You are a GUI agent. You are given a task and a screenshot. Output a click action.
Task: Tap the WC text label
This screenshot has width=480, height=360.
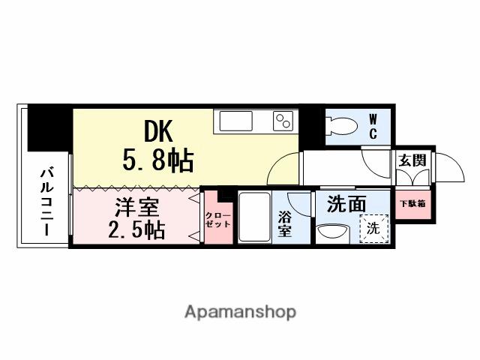click(372, 126)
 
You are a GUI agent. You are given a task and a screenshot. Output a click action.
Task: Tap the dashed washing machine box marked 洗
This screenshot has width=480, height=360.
click(373, 228)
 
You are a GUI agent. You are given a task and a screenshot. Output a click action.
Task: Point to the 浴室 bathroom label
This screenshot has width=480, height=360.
click(285, 223)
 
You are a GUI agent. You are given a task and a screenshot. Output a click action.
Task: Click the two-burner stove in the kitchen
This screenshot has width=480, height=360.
click(283, 121)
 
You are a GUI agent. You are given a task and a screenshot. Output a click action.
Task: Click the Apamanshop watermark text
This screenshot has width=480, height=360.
click(239, 311)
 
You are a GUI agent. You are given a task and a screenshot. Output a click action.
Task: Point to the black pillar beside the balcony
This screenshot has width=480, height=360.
click(49, 129)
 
